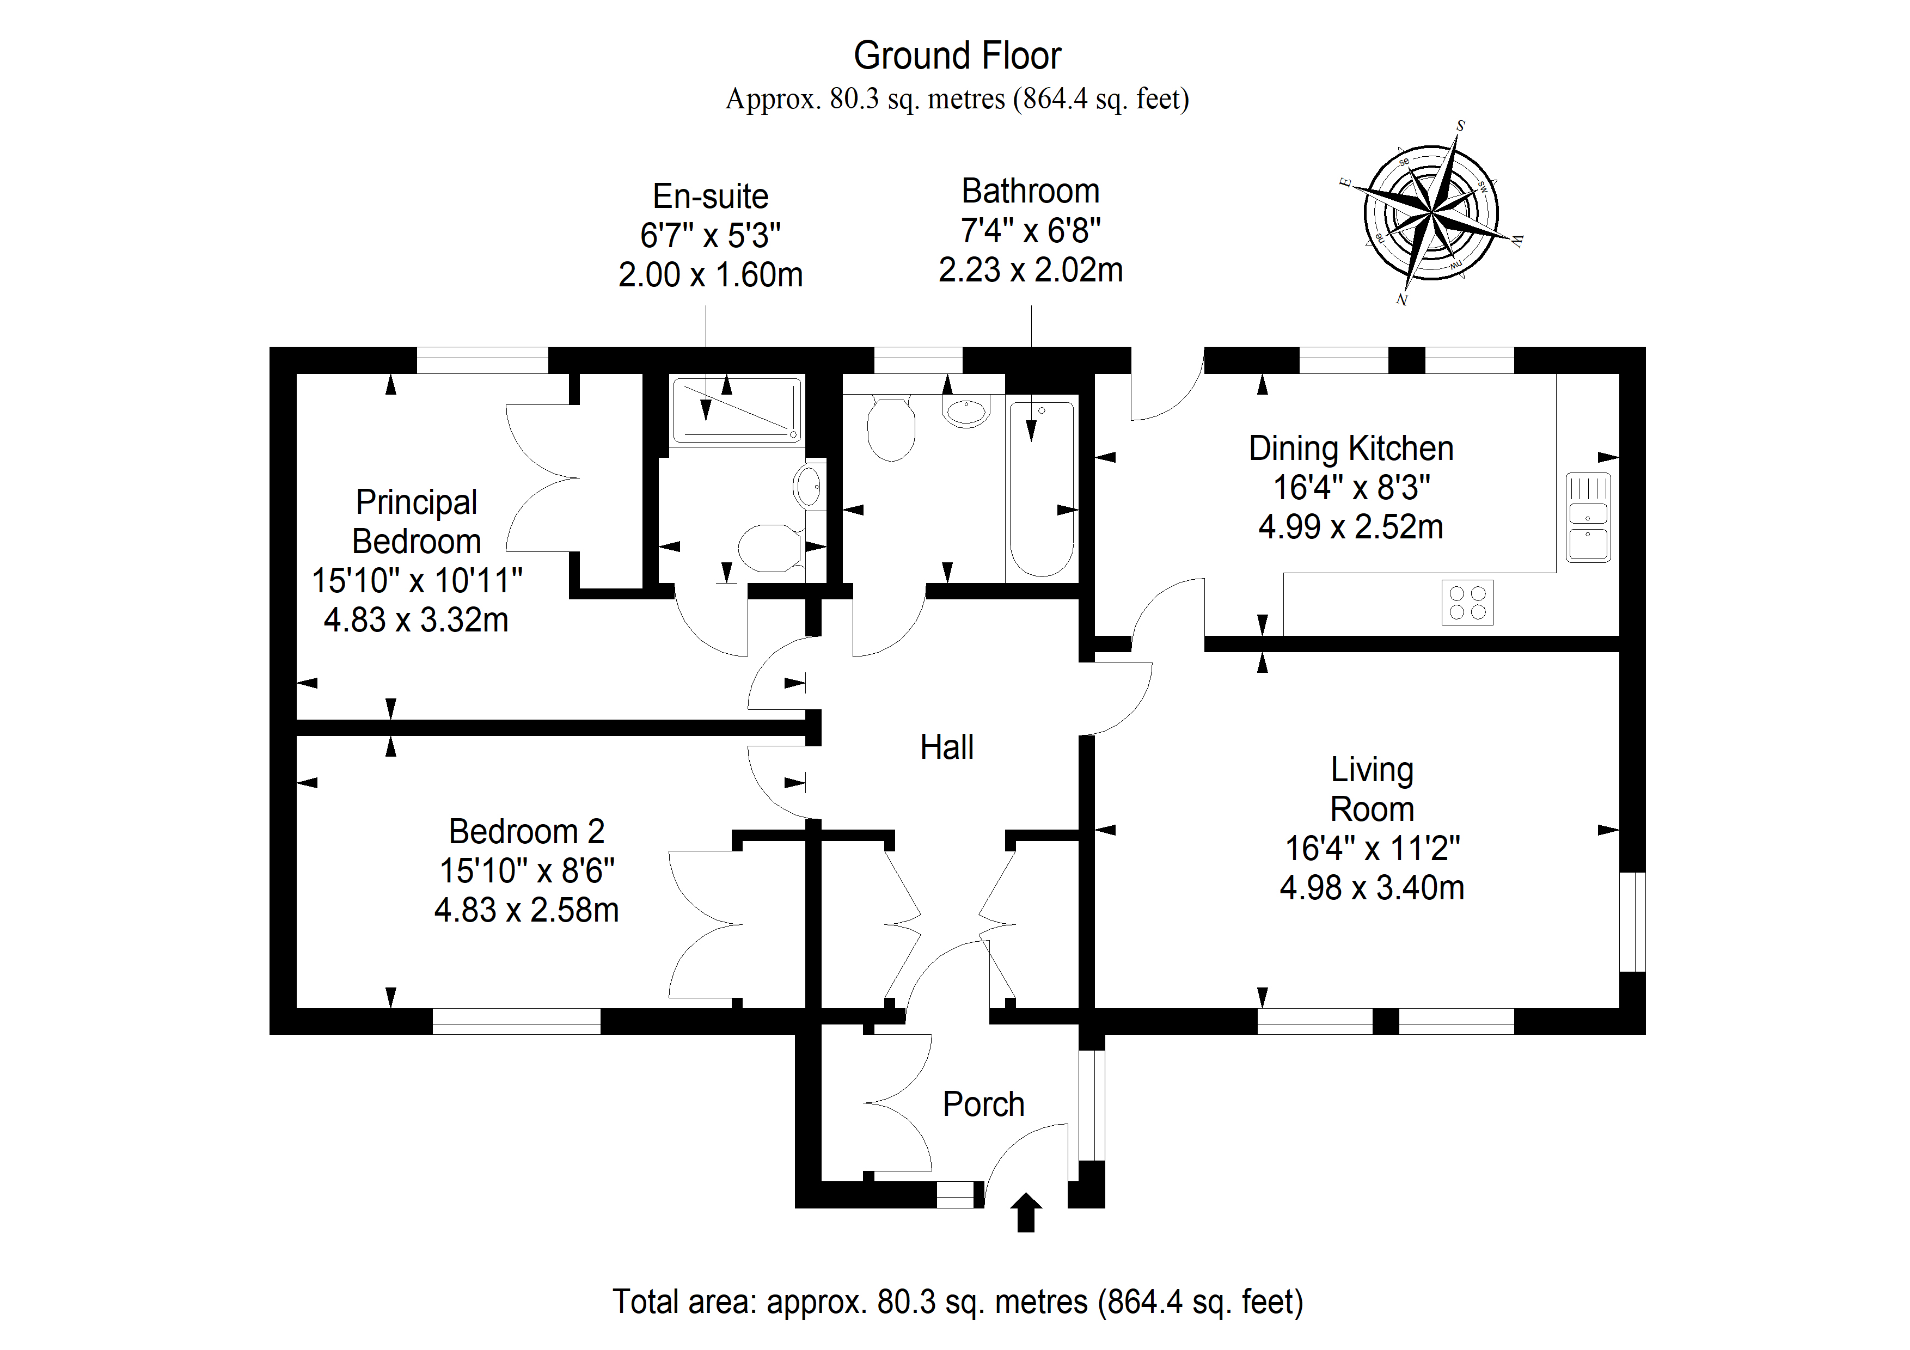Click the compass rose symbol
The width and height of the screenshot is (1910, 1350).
tap(1431, 213)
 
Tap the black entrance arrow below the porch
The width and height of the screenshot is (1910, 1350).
tap(1026, 1213)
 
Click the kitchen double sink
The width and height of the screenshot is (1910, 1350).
tap(1588, 517)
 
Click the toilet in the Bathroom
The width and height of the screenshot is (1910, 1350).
tap(891, 427)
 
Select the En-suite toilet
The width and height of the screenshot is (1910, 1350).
tap(770, 548)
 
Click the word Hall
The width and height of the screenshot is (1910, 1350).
tap(947, 747)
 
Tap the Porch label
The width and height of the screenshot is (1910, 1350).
tap(983, 1104)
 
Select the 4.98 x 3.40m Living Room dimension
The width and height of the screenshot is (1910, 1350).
tap(1372, 887)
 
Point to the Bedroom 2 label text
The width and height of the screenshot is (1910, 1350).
tap(527, 831)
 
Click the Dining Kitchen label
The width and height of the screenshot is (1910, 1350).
tap(1351, 449)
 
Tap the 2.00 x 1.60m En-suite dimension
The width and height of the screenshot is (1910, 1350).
tap(711, 274)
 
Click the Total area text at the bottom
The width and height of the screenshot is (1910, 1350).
tap(958, 1301)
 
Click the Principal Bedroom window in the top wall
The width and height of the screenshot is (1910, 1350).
tap(482, 360)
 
